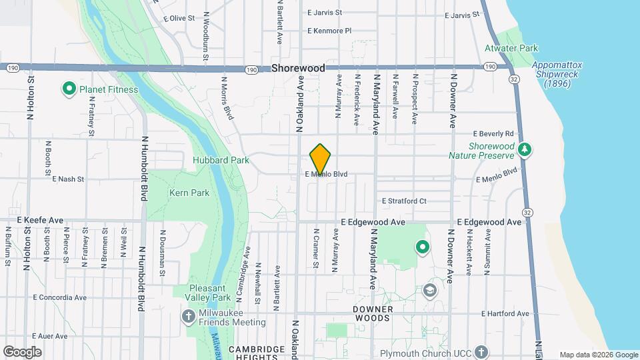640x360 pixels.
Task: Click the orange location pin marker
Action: coord(321,160)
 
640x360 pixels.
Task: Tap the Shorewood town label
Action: coord(298,69)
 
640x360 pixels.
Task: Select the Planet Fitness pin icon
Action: coord(68,89)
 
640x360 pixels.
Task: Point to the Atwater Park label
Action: coord(511,49)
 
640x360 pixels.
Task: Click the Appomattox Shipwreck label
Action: coord(557,74)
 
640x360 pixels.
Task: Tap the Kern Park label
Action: coord(190,193)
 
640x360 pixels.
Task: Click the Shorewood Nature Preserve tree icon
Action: coord(525,149)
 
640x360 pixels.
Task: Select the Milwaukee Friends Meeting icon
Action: coord(188,315)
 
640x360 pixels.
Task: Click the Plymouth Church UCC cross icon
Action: coord(481,351)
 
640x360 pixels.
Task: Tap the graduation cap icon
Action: coord(430,290)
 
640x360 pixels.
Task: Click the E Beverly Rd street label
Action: coord(493,133)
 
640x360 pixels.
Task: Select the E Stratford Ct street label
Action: coord(404,201)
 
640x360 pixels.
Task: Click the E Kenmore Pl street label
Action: coord(329,31)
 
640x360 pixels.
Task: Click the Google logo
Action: coord(22,352)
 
